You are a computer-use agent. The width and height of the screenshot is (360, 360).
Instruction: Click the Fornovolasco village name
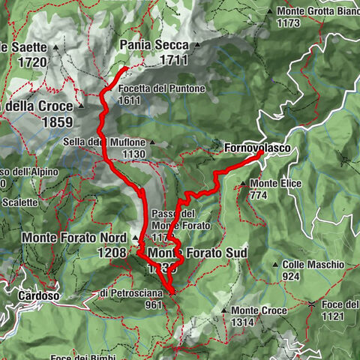coord(256,149)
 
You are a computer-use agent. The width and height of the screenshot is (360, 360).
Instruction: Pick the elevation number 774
coord(259,195)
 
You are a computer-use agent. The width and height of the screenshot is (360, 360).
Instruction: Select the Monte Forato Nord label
coord(73,238)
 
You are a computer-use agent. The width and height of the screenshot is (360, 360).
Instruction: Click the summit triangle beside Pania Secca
coord(196,45)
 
